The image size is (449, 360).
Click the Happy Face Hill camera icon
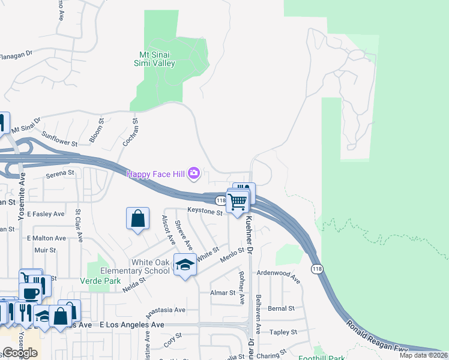pos(193,174)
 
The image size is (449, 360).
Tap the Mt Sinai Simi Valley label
pos(154,59)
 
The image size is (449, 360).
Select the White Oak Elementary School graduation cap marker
pos(185,265)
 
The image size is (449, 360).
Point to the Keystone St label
pos(205,211)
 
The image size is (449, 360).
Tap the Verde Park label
pos(100,281)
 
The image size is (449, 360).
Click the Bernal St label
pos(281,308)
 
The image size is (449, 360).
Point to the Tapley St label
pos(283,332)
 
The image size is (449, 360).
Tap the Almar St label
pos(223,292)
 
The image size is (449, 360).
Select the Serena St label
pos(60,173)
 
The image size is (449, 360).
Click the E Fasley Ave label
pos(45,214)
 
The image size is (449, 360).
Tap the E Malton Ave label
pos(46,238)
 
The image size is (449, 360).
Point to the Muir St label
pos(45,250)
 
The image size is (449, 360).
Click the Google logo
pos(20,353)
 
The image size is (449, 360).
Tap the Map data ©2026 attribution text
pos(423,355)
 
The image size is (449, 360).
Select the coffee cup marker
pos(29,293)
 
